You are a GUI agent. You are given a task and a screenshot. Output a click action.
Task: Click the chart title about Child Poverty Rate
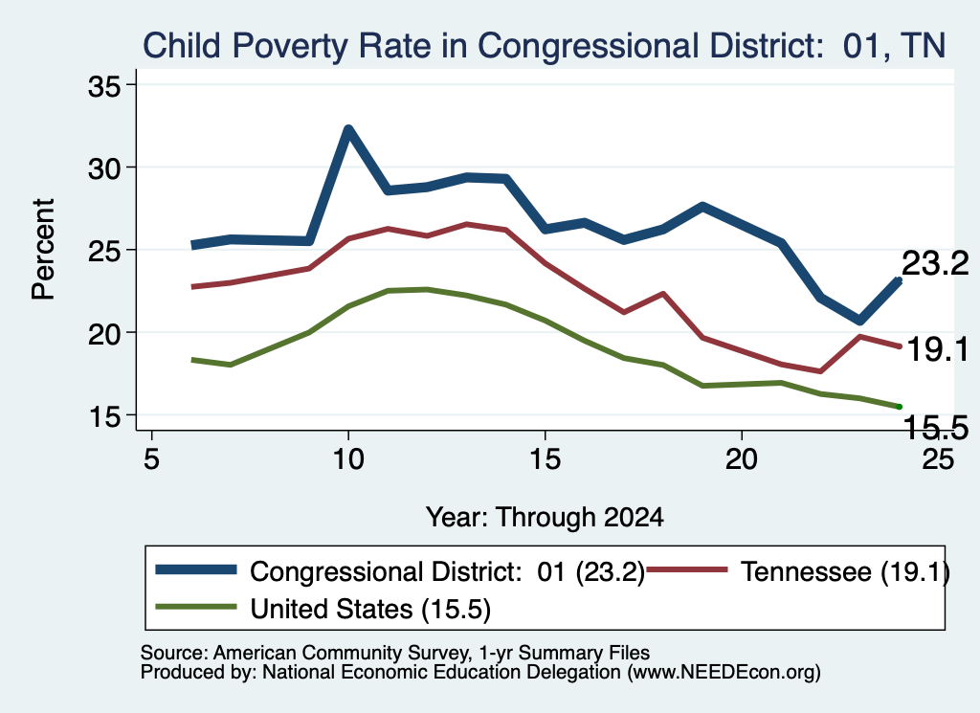coord(544,46)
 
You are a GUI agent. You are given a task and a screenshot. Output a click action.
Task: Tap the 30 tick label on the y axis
coord(103,168)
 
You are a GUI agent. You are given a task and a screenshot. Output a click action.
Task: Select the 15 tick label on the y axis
coord(103,416)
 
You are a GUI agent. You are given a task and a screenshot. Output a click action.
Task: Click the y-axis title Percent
coord(43,250)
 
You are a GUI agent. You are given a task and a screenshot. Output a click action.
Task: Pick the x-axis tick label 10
coord(348,459)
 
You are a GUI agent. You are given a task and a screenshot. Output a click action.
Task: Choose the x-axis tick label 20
coord(742,459)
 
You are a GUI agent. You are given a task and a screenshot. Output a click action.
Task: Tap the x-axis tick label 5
coord(151,459)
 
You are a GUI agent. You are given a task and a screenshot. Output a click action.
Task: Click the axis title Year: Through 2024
coord(545,518)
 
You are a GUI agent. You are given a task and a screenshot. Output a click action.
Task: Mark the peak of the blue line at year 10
coord(348,129)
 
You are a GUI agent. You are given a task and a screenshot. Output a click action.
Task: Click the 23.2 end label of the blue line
coord(935,263)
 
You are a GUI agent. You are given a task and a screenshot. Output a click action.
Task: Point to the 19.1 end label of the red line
coord(937,348)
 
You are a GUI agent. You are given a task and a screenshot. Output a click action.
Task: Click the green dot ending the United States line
coord(900,407)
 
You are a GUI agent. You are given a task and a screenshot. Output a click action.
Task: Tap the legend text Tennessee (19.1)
coord(845,571)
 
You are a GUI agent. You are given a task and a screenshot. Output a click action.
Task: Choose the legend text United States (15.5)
coord(370,609)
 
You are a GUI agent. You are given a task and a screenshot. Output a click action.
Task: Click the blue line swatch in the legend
coord(196,569)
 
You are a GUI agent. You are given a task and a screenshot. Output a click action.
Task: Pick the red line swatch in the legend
coord(687,569)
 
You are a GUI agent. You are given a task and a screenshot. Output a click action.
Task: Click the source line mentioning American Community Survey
coord(395,653)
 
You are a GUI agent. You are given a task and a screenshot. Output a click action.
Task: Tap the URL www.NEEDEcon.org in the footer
coord(724,672)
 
